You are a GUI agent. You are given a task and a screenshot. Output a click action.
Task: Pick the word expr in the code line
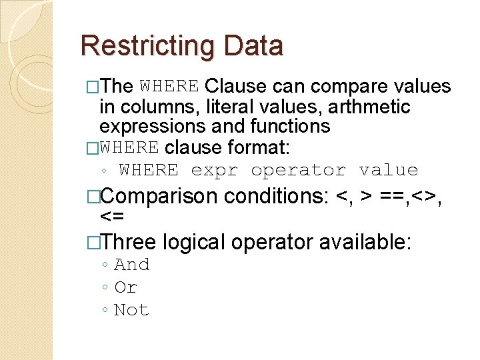[x=214, y=171]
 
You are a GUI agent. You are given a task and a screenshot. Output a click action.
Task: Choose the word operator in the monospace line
[x=298, y=171]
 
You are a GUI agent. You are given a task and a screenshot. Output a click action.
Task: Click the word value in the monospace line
[x=388, y=171]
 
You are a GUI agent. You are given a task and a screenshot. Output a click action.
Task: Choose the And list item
[x=132, y=265]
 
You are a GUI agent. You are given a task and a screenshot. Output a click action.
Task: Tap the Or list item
[x=126, y=287]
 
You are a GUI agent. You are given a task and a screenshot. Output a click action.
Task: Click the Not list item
[x=132, y=310]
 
